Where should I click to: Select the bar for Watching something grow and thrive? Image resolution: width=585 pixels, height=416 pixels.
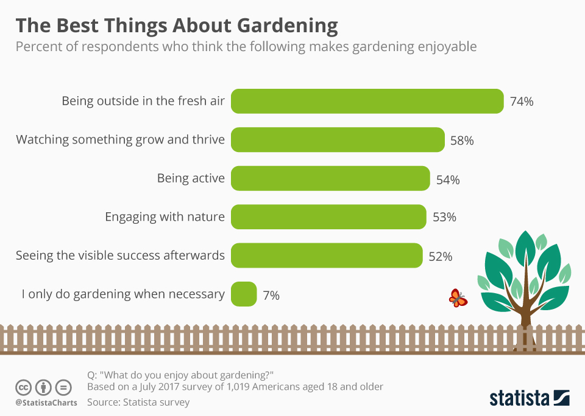pyautogui.click(x=338, y=140)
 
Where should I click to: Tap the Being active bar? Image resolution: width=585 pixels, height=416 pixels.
pyautogui.click(x=330, y=179)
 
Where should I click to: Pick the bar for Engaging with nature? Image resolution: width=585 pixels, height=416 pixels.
pyautogui.click(x=328, y=217)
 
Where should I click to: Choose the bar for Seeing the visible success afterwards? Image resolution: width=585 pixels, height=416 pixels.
pyautogui.click(x=327, y=255)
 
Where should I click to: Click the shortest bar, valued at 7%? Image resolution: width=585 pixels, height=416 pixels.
pyautogui.click(x=244, y=294)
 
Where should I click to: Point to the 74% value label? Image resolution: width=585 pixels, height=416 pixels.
pyautogui.click(x=522, y=102)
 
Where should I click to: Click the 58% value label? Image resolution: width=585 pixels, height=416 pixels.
pyautogui.click(x=462, y=140)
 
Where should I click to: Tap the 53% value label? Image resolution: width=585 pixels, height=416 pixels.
pyautogui.click(x=444, y=217)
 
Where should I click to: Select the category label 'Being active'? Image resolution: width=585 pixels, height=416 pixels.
pyautogui.click(x=191, y=179)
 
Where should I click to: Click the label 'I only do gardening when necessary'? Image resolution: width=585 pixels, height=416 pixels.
pyautogui.click(x=123, y=294)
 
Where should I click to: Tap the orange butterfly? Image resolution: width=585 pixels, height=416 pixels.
pyautogui.click(x=458, y=298)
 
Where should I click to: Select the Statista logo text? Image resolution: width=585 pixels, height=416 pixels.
pyautogui.click(x=519, y=398)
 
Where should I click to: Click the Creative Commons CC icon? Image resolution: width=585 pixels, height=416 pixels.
pyautogui.click(x=23, y=387)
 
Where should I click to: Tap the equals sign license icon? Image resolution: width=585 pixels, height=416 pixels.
pyautogui.click(x=63, y=387)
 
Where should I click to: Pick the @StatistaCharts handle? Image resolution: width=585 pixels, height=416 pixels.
pyautogui.click(x=46, y=403)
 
